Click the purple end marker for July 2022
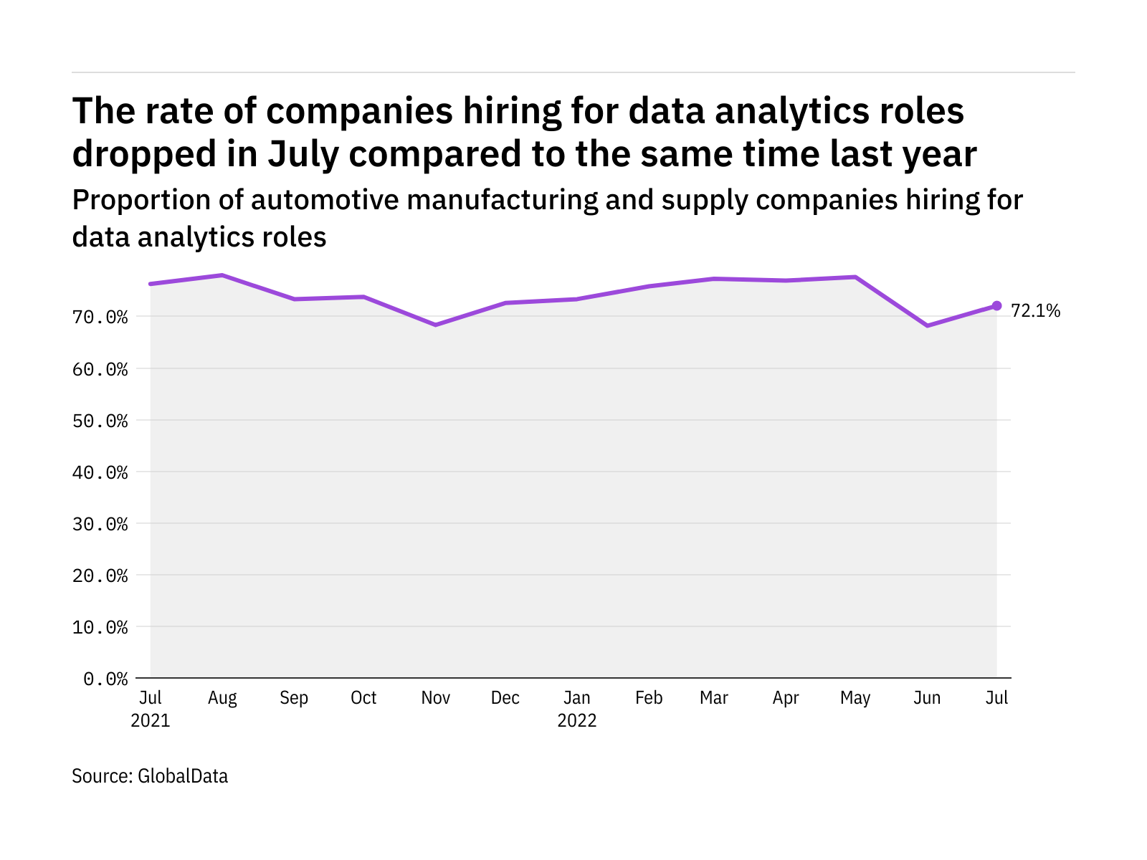(996, 306)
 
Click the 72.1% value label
(1035, 311)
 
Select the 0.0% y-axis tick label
(105, 679)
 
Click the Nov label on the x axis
(435, 698)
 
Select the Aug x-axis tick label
(222, 698)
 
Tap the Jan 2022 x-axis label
(577, 709)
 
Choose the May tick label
(855, 698)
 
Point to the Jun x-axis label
(927, 698)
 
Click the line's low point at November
(435, 325)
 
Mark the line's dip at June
(928, 325)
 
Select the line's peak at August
(222, 275)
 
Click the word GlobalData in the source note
(183, 776)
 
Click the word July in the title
(303, 155)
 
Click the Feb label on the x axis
(649, 698)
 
